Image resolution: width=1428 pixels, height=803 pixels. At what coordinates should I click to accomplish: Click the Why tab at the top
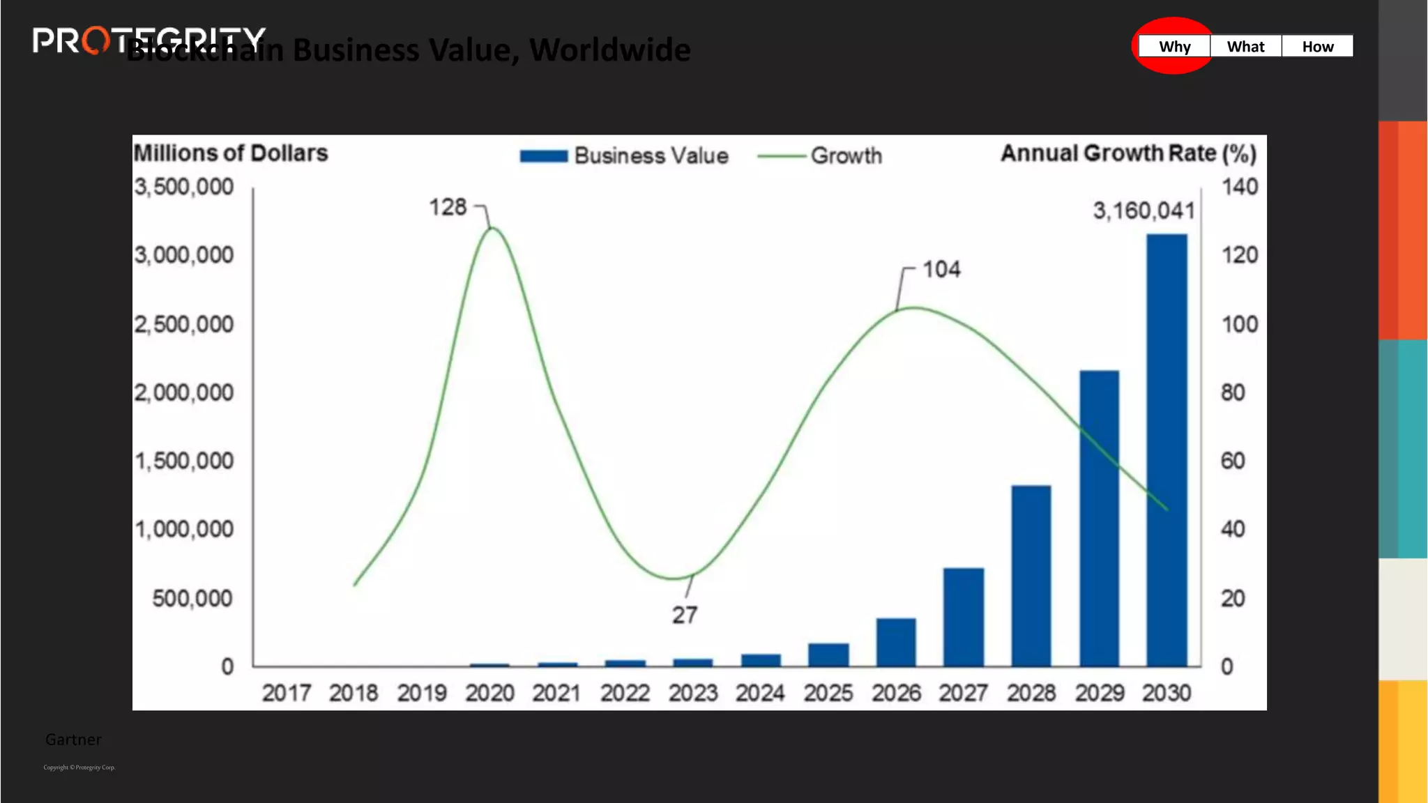(x=1174, y=47)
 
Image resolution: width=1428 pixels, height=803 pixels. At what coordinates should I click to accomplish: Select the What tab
(x=1245, y=47)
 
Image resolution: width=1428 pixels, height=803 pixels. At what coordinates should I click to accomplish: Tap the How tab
(x=1317, y=47)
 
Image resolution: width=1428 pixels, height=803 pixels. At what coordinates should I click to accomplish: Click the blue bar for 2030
(x=1167, y=450)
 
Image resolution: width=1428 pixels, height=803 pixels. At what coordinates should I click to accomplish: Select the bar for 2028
(x=1031, y=575)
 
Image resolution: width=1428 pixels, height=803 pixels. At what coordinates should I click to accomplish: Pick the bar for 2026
(x=896, y=642)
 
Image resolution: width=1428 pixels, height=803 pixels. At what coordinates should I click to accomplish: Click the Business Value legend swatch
(x=544, y=156)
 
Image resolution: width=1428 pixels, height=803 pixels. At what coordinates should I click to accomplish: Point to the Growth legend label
(x=846, y=155)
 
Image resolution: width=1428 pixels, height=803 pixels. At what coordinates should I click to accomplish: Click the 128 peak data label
(x=447, y=207)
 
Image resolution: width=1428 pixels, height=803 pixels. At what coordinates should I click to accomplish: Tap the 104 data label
(x=941, y=269)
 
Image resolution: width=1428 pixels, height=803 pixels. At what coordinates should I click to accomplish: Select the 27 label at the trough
(x=684, y=615)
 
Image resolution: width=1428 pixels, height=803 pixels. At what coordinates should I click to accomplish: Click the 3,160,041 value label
(x=1144, y=211)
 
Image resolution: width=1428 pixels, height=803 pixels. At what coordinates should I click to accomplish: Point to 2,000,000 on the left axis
(x=184, y=392)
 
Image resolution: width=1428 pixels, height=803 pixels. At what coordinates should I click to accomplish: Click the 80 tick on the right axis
(x=1232, y=392)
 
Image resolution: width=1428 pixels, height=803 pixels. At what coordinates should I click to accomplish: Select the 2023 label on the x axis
(x=692, y=693)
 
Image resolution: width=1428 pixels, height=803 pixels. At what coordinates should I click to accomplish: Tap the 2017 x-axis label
(x=286, y=693)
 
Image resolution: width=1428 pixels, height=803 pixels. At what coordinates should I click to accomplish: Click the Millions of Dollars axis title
(x=231, y=153)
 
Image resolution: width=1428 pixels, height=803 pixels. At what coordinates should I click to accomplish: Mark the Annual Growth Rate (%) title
(x=1128, y=153)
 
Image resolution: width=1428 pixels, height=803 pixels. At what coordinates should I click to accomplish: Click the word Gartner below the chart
(x=73, y=740)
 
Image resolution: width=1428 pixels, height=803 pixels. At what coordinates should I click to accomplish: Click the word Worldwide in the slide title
(x=609, y=50)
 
